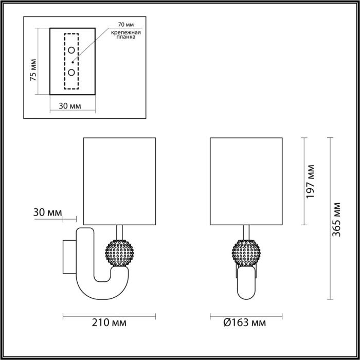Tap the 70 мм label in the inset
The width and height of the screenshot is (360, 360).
tap(125, 25)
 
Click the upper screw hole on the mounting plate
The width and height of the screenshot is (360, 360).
tap(72, 50)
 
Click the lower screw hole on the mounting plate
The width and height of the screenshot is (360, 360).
tap(72, 72)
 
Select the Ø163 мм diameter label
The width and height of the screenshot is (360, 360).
tap(245, 323)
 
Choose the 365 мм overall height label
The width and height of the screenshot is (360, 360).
tap(337, 219)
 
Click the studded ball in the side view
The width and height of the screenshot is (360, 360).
tap(119, 253)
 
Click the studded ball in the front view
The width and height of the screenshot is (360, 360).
tap(246, 253)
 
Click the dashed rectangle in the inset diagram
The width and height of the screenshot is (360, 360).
tap(71, 62)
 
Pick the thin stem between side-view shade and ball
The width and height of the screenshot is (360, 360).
tap(120, 231)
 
